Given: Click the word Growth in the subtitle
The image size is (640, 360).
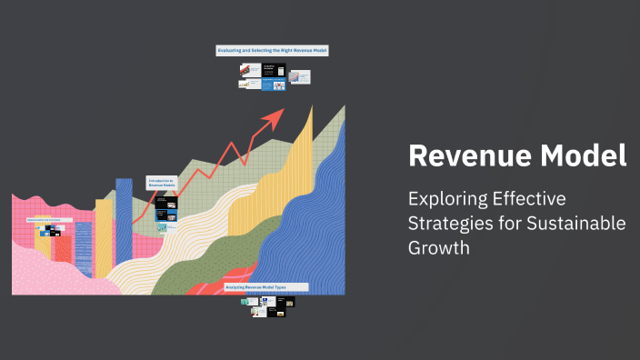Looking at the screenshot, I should point(439,248).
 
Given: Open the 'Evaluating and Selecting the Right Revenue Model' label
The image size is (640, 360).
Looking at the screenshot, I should point(271,51).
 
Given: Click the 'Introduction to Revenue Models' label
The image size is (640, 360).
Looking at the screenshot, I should point(161,183).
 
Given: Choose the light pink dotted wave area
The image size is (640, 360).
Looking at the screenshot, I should point(45,273).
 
